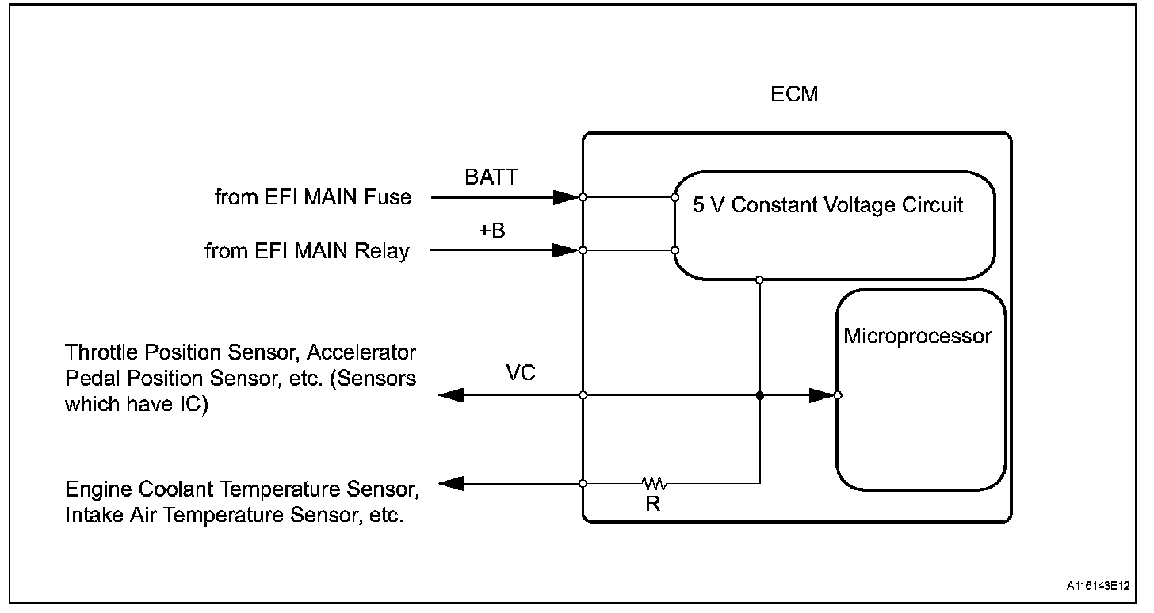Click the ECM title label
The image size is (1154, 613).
(794, 95)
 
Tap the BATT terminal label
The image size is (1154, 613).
(491, 177)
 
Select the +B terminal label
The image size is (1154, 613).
(492, 231)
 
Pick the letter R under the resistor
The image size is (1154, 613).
(652, 504)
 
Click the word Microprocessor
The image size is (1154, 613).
(917, 336)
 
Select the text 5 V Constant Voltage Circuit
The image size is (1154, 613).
(828, 205)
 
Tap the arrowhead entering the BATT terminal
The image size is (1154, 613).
(566, 197)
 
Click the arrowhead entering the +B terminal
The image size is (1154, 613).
(566, 250)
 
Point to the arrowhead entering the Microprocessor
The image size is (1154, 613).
(821, 394)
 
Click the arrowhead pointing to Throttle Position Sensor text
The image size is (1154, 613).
(451, 394)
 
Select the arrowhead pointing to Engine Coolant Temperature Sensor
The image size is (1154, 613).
(451, 483)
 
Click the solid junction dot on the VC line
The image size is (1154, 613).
(760, 394)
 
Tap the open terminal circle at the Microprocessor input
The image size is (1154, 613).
(838, 394)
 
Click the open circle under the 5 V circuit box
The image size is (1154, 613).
(760, 280)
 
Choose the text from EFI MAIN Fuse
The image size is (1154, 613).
(313, 197)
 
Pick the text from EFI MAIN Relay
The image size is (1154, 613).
(307, 252)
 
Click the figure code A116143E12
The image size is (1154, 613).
(1104, 588)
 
